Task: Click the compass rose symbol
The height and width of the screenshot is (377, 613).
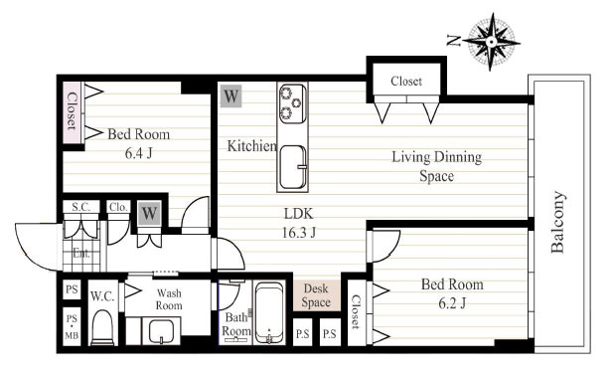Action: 491,41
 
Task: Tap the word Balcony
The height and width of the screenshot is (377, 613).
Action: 558,222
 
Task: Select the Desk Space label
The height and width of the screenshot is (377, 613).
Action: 316,295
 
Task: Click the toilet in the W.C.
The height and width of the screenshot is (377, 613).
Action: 102,327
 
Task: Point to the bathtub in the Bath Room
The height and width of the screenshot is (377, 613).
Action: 269,313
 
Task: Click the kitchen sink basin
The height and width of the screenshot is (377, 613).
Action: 292,167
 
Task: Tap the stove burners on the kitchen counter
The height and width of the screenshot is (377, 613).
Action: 292,103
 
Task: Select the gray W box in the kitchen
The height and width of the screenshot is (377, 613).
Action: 230,95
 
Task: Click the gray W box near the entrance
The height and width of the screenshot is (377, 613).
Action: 149,213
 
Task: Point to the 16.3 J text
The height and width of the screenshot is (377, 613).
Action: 299,233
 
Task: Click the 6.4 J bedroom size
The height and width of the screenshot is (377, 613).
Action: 138,153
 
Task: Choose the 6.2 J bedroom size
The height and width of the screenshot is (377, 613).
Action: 452,303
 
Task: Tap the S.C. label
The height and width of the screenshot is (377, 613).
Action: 80,207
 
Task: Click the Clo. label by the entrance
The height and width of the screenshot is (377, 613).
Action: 118,207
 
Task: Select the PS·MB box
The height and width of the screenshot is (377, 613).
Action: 72,327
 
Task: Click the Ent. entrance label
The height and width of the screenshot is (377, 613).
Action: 81,254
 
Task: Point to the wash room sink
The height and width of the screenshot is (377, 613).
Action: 161,331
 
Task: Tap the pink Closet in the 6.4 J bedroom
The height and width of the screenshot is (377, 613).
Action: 72,111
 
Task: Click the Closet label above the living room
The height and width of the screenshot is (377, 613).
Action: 406,81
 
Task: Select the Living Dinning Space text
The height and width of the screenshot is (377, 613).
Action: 437,166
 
